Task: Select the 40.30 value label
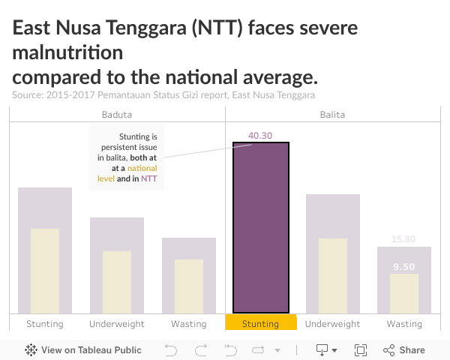[260, 136]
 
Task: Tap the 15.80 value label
[403, 239]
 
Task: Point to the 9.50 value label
[403, 266]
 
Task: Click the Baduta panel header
[117, 115]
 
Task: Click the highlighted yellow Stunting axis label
[261, 324]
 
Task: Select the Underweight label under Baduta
[117, 324]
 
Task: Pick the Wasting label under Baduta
[189, 324]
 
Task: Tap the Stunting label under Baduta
[45, 324]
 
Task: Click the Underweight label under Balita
[333, 324]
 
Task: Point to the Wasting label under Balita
[404, 324]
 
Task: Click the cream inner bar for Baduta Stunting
[45, 271]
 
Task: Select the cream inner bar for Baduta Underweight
[117, 282]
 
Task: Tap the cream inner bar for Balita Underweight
[333, 276]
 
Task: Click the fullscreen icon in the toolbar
[361, 350]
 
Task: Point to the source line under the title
[163, 95]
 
